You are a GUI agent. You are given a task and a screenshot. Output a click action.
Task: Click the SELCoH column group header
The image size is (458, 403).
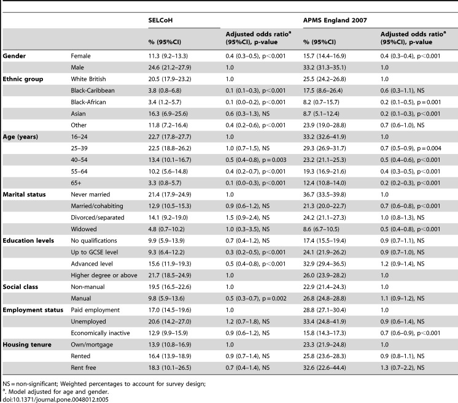[x=160, y=20]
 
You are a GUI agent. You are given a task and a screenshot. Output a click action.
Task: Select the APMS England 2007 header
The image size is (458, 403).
[x=335, y=20]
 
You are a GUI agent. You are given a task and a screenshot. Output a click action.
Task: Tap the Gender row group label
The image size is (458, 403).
[x=14, y=56]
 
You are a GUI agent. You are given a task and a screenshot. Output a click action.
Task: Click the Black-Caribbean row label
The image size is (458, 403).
[x=93, y=90]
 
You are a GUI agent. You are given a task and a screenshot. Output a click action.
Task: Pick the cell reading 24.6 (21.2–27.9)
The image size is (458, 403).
[x=169, y=67]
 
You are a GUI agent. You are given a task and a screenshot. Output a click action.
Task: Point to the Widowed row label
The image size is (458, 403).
[x=83, y=229]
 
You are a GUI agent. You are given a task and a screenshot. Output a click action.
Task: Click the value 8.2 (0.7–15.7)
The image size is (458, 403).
[x=321, y=102]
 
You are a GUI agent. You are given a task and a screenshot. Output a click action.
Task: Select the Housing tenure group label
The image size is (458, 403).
[x=27, y=345]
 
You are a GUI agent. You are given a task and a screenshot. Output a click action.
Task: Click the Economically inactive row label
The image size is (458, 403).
[x=100, y=333]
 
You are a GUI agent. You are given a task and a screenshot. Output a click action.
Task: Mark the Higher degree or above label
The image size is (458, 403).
[x=104, y=275]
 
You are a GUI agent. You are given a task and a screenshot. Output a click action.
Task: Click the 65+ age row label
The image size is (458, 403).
[x=76, y=183]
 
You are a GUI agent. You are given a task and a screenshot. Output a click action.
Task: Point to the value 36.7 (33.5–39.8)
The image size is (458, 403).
[x=325, y=194]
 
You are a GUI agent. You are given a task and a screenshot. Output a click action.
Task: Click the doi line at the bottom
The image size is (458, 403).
[x=55, y=399]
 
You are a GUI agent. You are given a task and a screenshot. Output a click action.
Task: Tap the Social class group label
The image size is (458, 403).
[x=20, y=287]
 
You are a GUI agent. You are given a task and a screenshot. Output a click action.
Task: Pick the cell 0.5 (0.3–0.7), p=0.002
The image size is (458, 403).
[x=256, y=298]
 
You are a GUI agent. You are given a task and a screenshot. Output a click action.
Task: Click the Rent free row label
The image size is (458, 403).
[x=83, y=367]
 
